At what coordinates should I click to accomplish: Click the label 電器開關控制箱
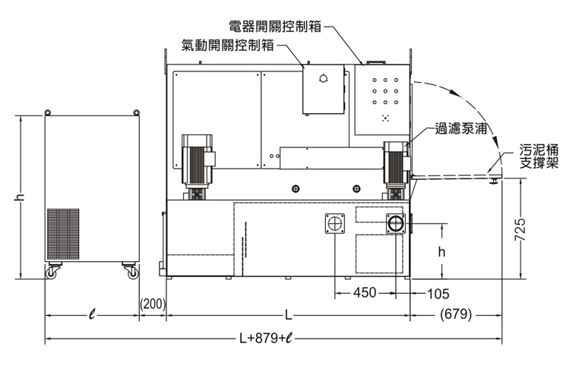click(x=275, y=26)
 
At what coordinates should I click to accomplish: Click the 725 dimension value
click(x=520, y=229)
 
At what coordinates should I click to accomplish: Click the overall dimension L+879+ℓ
click(x=266, y=339)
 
